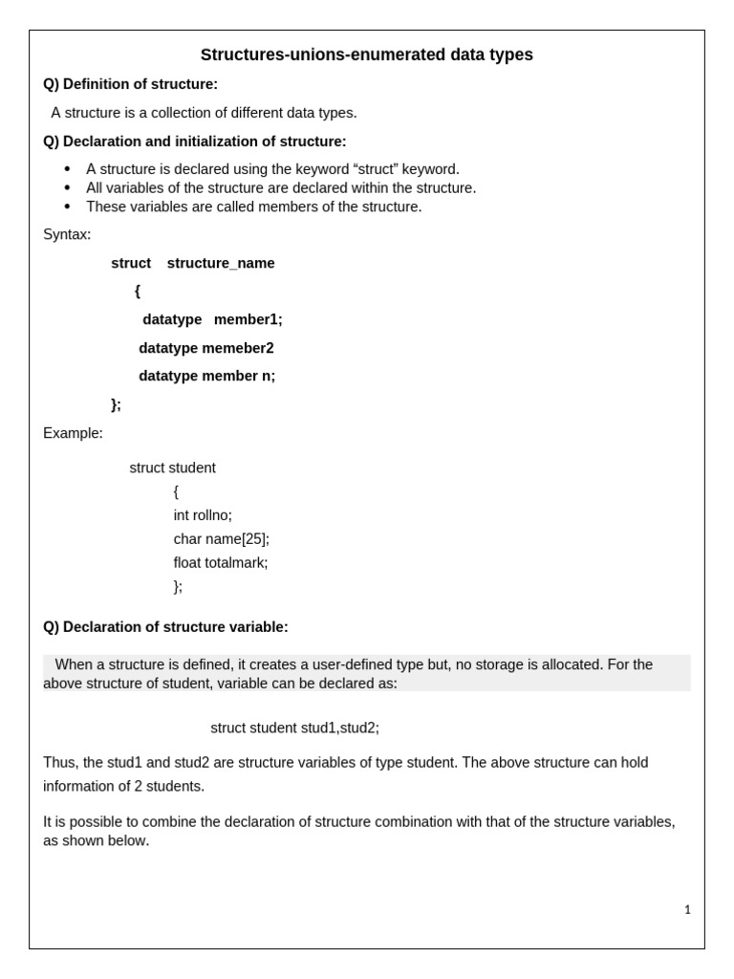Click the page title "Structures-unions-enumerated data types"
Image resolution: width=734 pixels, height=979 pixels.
click(x=366, y=55)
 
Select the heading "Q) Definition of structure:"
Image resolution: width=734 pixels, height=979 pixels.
click(x=130, y=84)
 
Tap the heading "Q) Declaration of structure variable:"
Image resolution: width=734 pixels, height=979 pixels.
click(x=165, y=627)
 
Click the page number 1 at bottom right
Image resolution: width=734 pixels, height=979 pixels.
click(x=687, y=910)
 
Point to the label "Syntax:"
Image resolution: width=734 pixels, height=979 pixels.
click(x=67, y=234)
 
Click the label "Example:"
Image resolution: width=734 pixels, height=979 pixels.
click(x=73, y=433)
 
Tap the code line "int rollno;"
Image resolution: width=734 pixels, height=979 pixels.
click(x=203, y=515)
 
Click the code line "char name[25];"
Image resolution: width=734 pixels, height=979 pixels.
click(x=221, y=539)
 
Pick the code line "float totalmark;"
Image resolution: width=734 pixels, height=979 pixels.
click(x=221, y=563)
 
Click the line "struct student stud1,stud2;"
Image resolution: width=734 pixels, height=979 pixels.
click(x=294, y=729)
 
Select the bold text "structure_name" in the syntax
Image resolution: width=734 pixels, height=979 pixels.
click(x=221, y=264)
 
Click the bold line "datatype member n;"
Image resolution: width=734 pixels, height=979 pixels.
click(x=206, y=377)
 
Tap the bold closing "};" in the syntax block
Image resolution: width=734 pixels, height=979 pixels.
click(x=117, y=404)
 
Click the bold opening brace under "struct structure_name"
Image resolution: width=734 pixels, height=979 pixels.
click(x=138, y=292)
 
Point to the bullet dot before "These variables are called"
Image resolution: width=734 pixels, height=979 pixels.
click(x=67, y=207)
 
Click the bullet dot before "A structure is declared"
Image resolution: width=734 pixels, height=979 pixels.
click(x=67, y=169)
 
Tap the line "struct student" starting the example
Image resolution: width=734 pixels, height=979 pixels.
click(x=172, y=468)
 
